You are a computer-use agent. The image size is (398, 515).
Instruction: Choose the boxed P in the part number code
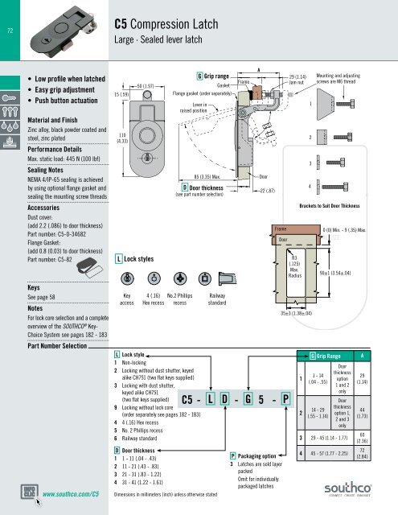[285, 402]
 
